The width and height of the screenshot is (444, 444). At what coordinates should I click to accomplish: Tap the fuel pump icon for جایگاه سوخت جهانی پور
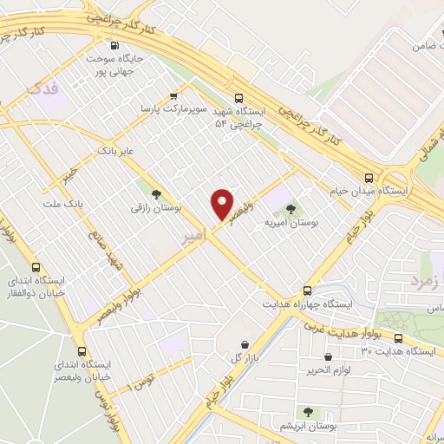(114, 46)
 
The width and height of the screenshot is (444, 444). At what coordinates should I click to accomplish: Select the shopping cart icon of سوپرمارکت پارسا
(174, 96)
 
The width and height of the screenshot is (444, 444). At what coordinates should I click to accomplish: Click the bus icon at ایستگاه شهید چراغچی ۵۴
(238, 99)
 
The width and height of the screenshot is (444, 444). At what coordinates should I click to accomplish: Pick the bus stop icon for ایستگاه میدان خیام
(369, 176)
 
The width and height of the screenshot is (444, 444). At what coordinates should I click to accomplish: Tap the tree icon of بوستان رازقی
(156, 194)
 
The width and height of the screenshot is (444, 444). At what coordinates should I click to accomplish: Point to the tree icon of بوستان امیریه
(290, 208)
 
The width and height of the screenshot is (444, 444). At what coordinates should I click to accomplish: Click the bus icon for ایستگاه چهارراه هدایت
(307, 291)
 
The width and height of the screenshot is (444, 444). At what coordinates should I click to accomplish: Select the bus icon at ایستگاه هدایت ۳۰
(398, 338)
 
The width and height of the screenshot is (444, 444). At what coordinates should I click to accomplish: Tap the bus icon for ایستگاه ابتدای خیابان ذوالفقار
(36, 268)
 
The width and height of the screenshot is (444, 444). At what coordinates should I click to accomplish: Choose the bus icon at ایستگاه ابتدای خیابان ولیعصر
(82, 351)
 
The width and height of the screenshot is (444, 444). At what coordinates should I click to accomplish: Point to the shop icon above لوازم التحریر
(328, 356)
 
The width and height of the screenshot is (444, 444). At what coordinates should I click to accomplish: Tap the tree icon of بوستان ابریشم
(307, 411)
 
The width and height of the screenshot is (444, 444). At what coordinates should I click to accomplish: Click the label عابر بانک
(117, 151)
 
